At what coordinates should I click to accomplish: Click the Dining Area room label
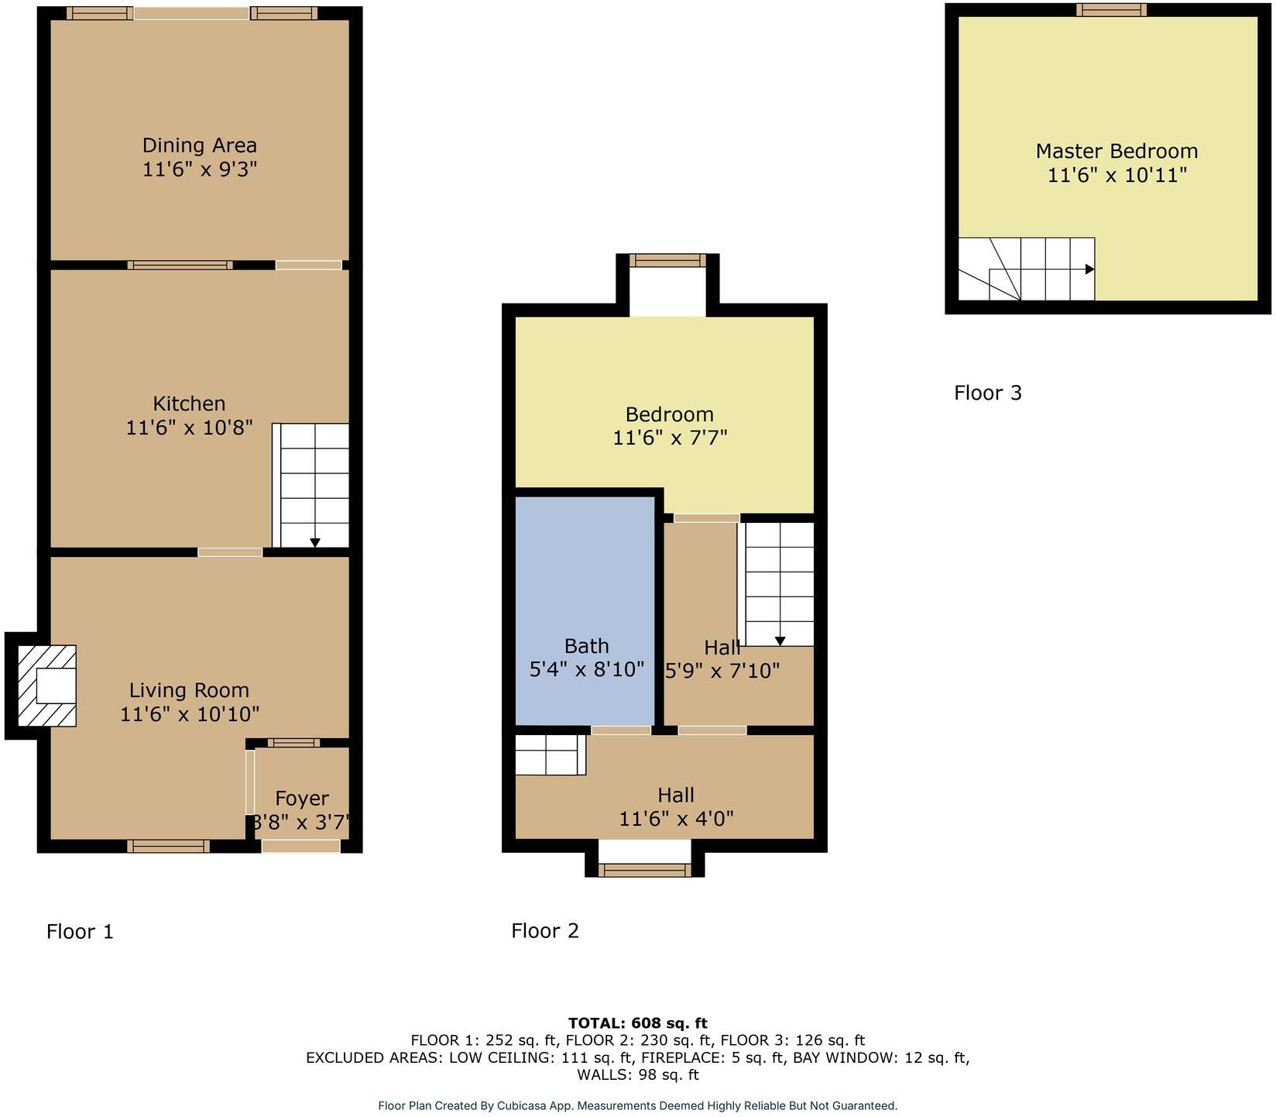199,146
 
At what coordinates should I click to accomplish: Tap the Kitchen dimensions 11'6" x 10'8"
189,428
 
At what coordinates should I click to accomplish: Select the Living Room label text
189,690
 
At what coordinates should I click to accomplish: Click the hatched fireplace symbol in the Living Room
47,686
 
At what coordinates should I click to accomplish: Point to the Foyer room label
302,799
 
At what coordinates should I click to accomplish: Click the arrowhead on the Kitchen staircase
315,543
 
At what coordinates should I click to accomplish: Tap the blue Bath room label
586,646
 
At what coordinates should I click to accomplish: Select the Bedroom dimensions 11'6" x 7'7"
670,438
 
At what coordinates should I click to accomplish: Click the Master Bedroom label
1116,151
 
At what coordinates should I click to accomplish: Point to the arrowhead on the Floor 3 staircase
1089,270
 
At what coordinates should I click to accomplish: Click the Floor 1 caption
80,931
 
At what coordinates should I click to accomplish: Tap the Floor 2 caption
545,930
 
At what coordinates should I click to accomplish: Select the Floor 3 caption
987,393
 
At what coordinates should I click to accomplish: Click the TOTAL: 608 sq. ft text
637,1023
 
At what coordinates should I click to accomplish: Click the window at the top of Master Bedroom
1110,10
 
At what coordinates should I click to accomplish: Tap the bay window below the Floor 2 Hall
644,871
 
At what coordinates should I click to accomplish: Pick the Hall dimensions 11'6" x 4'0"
676,819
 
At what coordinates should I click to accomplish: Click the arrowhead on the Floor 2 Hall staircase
780,641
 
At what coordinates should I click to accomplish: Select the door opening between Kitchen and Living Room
230,552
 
